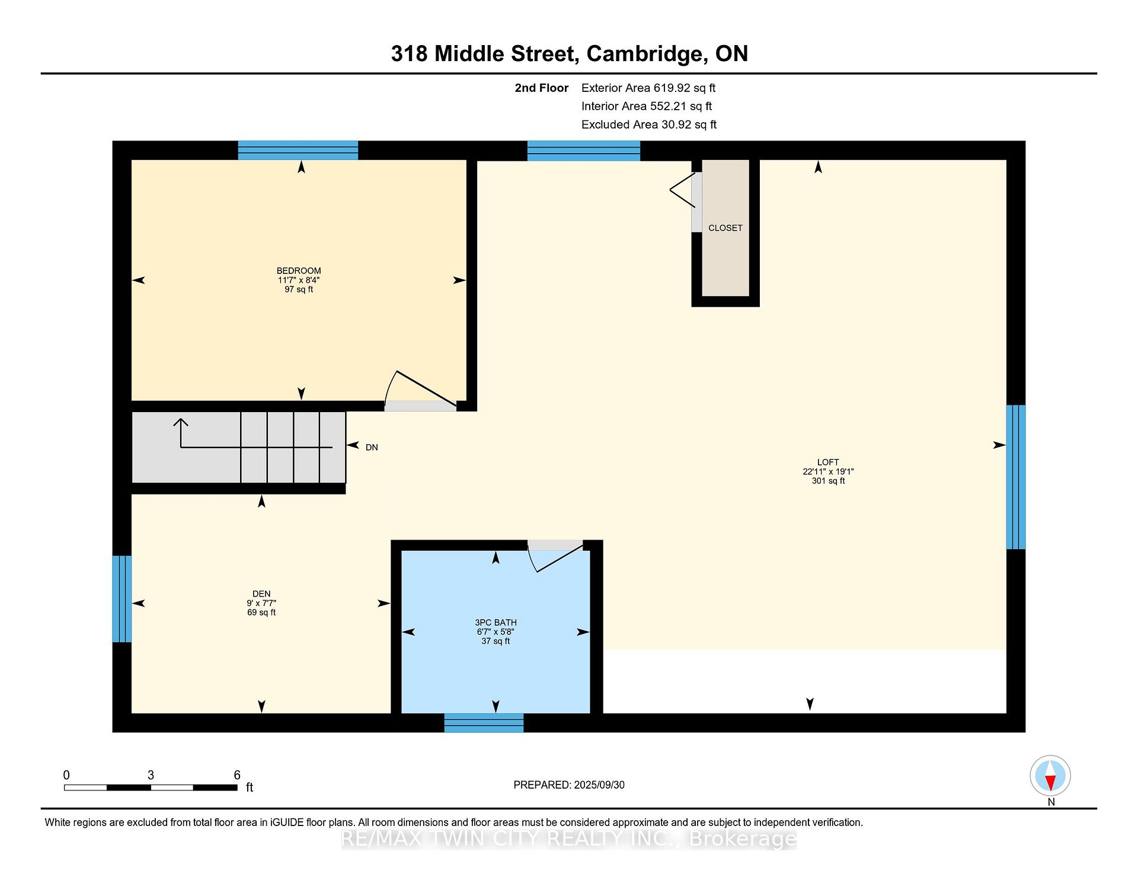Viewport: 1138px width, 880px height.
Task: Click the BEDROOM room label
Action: [299, 271]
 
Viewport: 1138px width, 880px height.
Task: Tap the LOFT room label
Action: [828, 463]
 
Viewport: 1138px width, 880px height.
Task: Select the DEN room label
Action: [261, 594]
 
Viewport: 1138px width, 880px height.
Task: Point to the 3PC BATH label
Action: [496, 623]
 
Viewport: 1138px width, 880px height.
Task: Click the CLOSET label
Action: [725, 228]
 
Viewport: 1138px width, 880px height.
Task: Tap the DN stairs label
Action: [372, 448]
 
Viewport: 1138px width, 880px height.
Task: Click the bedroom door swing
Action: [421, 388]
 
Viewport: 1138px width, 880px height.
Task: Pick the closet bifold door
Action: [682, 190]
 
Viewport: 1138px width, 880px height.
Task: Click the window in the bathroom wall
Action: [484, 723]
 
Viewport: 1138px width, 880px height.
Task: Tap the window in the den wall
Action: [122, 599]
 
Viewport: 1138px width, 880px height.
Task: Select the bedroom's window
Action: [298, 151]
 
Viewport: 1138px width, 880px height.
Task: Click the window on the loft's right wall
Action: [1016, 477]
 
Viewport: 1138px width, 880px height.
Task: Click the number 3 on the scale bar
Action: [151, 775]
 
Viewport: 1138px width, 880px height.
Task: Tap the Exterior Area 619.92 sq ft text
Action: [648, 88]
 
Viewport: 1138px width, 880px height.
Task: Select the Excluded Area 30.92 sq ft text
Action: [649, 125]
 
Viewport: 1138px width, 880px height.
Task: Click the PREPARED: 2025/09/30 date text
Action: [569, 785]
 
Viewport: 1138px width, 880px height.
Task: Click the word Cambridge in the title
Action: [644, 54]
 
